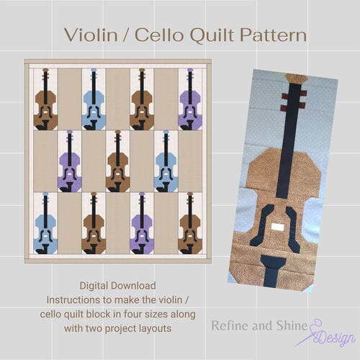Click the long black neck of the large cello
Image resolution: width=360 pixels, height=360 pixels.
click(289, 144)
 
